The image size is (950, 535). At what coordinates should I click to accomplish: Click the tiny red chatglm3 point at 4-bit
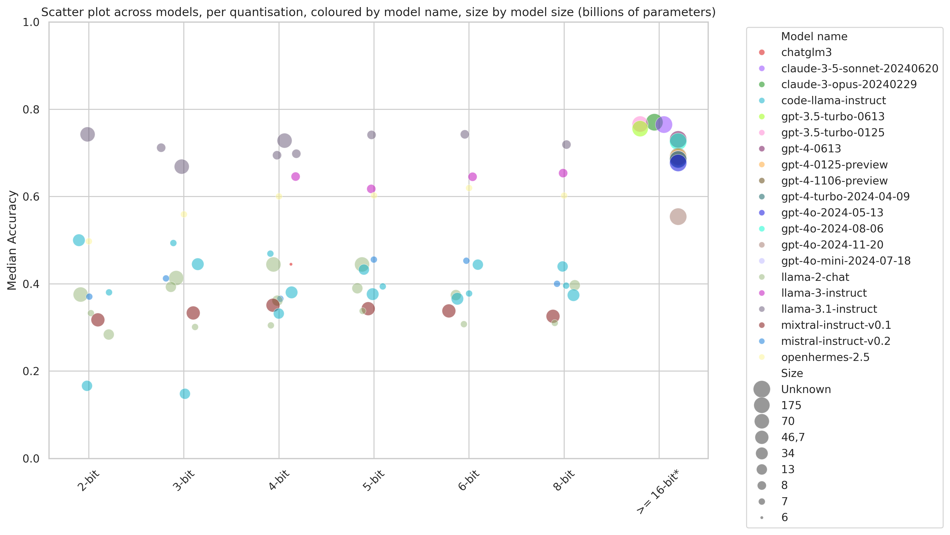point(291,264)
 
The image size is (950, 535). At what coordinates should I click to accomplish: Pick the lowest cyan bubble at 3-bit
point(185,394)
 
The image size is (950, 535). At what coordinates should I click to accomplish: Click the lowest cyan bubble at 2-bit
point(87,386)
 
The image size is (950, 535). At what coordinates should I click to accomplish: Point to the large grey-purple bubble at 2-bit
point(87,134)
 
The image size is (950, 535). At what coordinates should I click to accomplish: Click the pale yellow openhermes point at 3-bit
point(184,214)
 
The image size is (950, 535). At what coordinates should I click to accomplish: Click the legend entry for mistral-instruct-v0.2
point(835,341)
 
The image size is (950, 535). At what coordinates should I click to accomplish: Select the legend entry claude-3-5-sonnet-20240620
point(859,68)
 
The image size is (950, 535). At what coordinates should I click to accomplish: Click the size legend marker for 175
point(761,405)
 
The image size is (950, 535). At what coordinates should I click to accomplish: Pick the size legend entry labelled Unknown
point(806,389)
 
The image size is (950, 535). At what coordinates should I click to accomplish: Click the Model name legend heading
point(814,37)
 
